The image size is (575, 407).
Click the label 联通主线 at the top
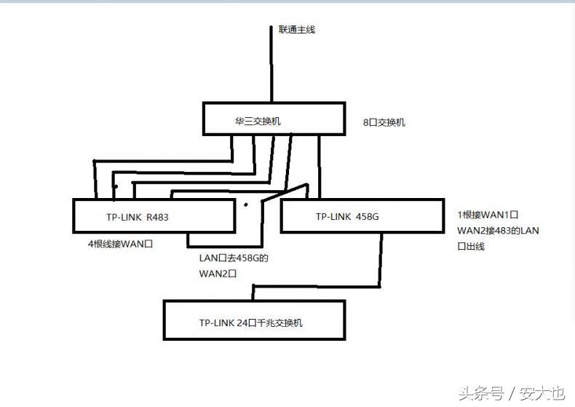coord(296,30)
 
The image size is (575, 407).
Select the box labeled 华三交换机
coord(271,119)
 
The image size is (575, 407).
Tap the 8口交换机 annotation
coord(384,122)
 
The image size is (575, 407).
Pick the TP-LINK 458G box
coord(362,216)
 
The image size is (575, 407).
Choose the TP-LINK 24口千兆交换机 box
coord(254,320)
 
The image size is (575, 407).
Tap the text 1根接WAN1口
coord(487,216)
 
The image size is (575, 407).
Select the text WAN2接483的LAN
coord(498,231)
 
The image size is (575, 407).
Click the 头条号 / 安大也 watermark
coord(511,393)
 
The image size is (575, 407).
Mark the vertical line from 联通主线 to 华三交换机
coord(271,66)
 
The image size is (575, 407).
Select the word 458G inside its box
coord(367,216)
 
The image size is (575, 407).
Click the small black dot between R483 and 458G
coord(246,205)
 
